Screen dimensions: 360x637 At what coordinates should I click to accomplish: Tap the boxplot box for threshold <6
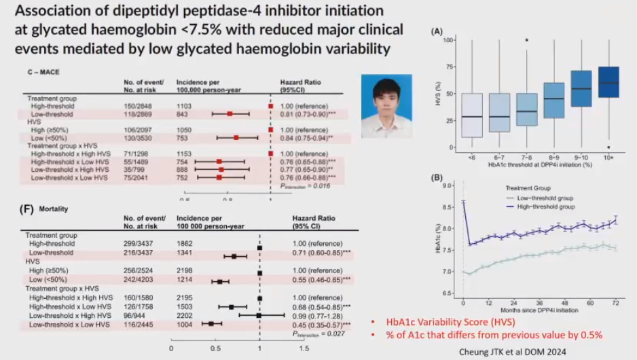(x=472, y=115)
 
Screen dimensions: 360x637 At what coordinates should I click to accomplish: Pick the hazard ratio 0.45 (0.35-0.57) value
(x=321, y=325)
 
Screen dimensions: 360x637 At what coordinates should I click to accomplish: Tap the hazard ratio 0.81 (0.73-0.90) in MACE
(x=309, y=115)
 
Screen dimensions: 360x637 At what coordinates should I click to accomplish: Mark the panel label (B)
(x=438, y=177)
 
